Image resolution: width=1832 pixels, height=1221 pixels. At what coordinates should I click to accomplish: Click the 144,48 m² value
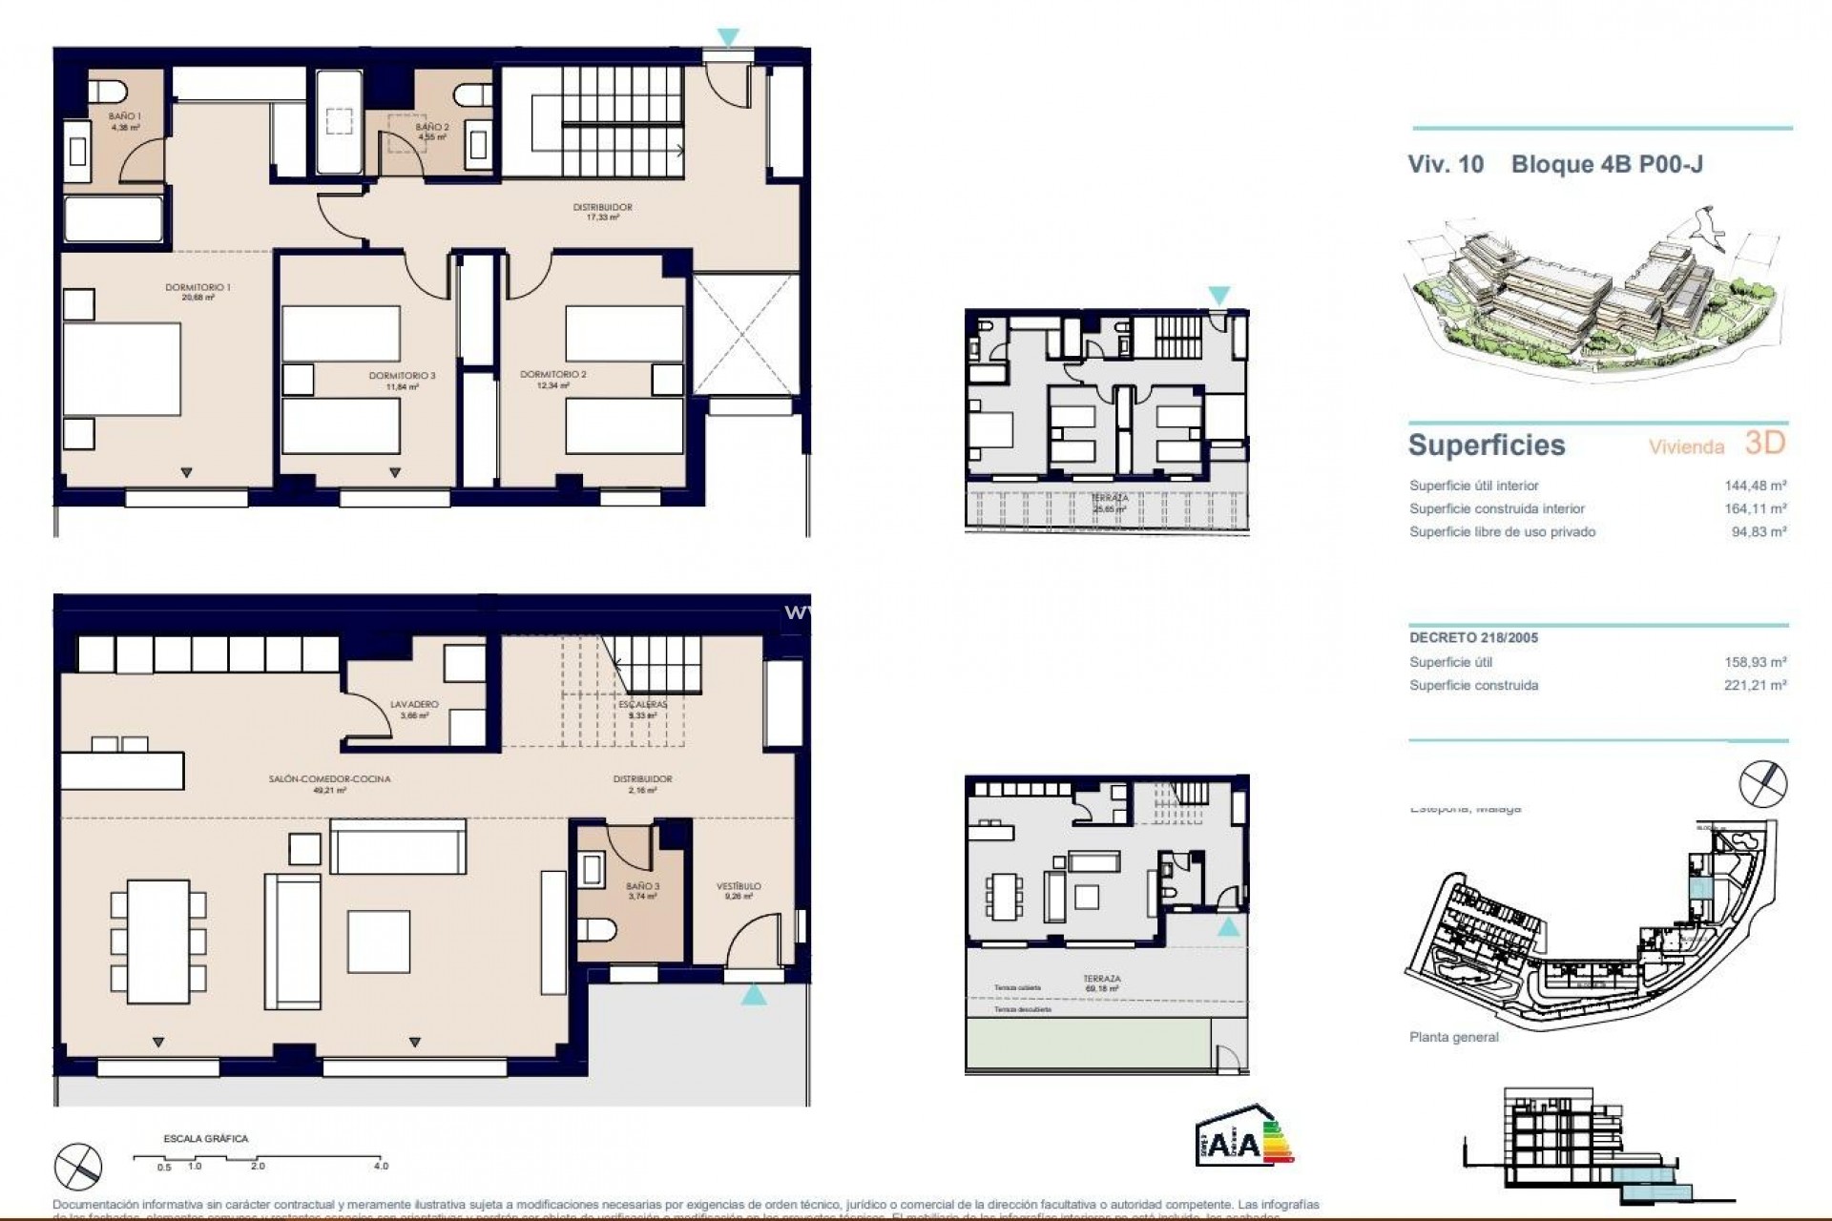pos(1759,486)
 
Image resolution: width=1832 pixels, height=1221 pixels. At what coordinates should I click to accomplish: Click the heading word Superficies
pos(1487,445)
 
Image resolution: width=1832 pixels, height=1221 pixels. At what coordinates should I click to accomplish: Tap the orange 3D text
pos(1764,443)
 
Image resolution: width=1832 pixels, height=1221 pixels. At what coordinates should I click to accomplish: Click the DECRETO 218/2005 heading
pos(1473,638)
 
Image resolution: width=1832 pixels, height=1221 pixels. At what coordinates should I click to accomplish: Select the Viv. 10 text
pos(1446,164)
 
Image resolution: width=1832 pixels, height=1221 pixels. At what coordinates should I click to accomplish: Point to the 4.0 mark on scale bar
pos(381,1165)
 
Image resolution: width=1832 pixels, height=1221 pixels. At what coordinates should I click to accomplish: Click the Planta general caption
pos(1453,1037)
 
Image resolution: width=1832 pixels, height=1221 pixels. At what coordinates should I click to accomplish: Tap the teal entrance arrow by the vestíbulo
pos(753,995)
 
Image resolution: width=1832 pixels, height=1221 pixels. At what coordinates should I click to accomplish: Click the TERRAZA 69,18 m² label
pos(1101,983)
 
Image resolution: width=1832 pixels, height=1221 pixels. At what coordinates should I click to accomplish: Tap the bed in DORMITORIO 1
pos(123,369)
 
